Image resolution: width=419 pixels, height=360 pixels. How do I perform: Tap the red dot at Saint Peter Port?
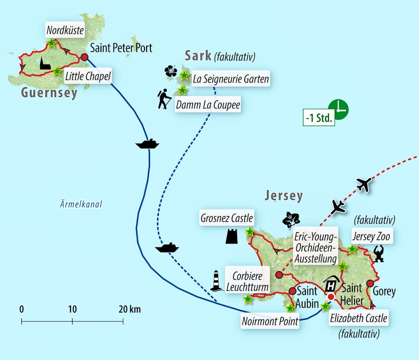[85, 57]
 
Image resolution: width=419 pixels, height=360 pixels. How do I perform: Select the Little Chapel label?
[88, 77]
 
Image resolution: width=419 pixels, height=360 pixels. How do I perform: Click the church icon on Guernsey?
[45, 64]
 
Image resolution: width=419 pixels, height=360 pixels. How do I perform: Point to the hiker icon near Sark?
[164, 99]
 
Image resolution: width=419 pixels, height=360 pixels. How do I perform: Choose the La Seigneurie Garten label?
[230, 78]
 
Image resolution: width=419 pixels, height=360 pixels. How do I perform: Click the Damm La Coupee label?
[208, 104]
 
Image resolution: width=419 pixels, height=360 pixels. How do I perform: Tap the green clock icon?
[338, 109]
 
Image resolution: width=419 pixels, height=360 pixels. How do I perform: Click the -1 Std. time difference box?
[319, 118]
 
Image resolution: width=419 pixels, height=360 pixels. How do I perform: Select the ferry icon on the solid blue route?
[147, 144]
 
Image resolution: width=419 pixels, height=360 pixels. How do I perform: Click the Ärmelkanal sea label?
[81, 205]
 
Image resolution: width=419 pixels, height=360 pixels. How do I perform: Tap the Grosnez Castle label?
[226, 218]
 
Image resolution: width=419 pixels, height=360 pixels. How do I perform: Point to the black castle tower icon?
[232, 236]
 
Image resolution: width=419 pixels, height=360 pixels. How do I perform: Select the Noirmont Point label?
[270, 321]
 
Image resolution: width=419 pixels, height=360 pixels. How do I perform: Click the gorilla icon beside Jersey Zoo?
[380, 254]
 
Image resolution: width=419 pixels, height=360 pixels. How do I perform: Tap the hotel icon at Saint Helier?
[331, 285]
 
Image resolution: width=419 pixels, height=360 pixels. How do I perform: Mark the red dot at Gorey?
[370, 284]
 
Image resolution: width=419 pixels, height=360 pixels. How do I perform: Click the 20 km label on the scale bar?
[129, 310]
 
